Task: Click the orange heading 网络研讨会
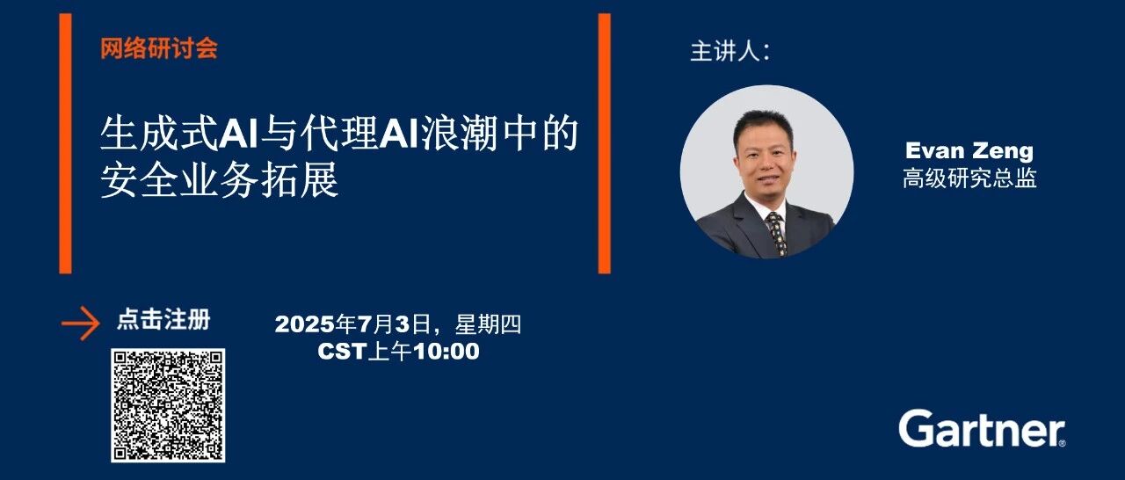click(x=159, y=48)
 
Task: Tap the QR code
click(x=168, y=405)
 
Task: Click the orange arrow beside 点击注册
click(x=80, y=324)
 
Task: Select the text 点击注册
click(x=163, y=320)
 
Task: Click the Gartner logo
click(x=983, y=428)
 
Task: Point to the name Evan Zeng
click(x=969, y=150)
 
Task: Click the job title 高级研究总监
click(x=969, y=178)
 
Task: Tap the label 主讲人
click(x=729, y=52)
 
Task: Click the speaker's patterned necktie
click(x=777, y=233)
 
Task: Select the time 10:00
click(x=446, y=351)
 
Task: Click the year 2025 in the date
click(x=305, y=324)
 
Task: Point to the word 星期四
click(x=488, y=324)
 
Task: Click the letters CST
click(x=342, y=352)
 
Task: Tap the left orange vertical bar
click(x=65, y=143)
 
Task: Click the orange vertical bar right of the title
click(x=604, y=143)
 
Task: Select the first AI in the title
click(x=238, y=134)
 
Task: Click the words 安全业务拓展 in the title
click(x=220, y=179)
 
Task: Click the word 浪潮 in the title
click(x=459, y=134)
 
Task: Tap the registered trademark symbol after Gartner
click(x=1063, y=443)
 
